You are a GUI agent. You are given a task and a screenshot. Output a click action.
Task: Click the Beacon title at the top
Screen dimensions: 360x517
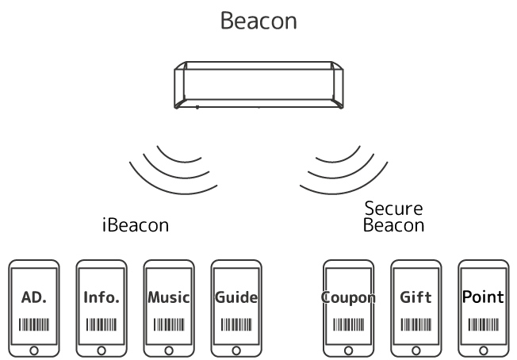click(x=258, y=21)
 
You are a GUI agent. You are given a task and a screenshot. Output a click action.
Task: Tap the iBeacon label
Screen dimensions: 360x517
click(x=136, y=224)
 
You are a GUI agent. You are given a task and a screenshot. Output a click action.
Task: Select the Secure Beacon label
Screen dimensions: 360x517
click(x=393, y=216)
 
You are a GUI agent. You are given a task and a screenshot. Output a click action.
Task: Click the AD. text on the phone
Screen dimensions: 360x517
click(x=34, y=298)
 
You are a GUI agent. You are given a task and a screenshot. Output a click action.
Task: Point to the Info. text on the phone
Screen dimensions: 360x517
click(x=101, y=298)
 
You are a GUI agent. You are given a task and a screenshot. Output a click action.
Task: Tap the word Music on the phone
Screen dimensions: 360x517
click(x=169, y=298)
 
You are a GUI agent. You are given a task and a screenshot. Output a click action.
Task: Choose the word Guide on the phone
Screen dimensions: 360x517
click(x=236, y=298)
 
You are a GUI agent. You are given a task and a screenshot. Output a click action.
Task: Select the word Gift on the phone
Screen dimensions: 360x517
click(x=416, y=298)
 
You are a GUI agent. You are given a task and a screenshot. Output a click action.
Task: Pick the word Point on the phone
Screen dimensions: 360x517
click(x=483, y=297)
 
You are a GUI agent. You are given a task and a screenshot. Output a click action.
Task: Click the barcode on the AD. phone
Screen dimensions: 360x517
click(x=34, y=324)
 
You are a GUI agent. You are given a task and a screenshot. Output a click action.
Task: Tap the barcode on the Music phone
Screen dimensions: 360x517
click(x=169, y=324)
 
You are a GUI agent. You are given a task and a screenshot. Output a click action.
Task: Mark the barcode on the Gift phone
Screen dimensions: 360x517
click(x=416, y=324)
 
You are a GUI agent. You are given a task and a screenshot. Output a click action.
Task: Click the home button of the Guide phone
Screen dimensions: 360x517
click(x=236, y=349)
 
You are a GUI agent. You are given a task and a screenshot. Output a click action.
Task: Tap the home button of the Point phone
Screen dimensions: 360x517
click(x=483, y=349)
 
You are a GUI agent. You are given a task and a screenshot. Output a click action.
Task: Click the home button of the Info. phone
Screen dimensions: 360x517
click(x=101, y=349)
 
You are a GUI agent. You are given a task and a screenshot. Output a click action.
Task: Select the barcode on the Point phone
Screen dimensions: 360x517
click(x=483, y=324)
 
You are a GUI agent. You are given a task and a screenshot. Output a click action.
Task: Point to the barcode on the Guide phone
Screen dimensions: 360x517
click(x=236, y=324)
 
